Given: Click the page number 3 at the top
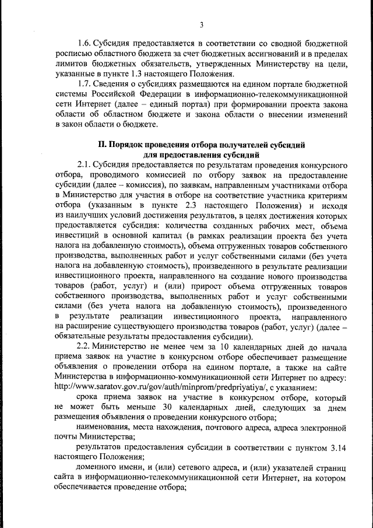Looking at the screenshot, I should point(201,24).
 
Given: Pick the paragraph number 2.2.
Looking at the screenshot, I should point(85,347).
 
